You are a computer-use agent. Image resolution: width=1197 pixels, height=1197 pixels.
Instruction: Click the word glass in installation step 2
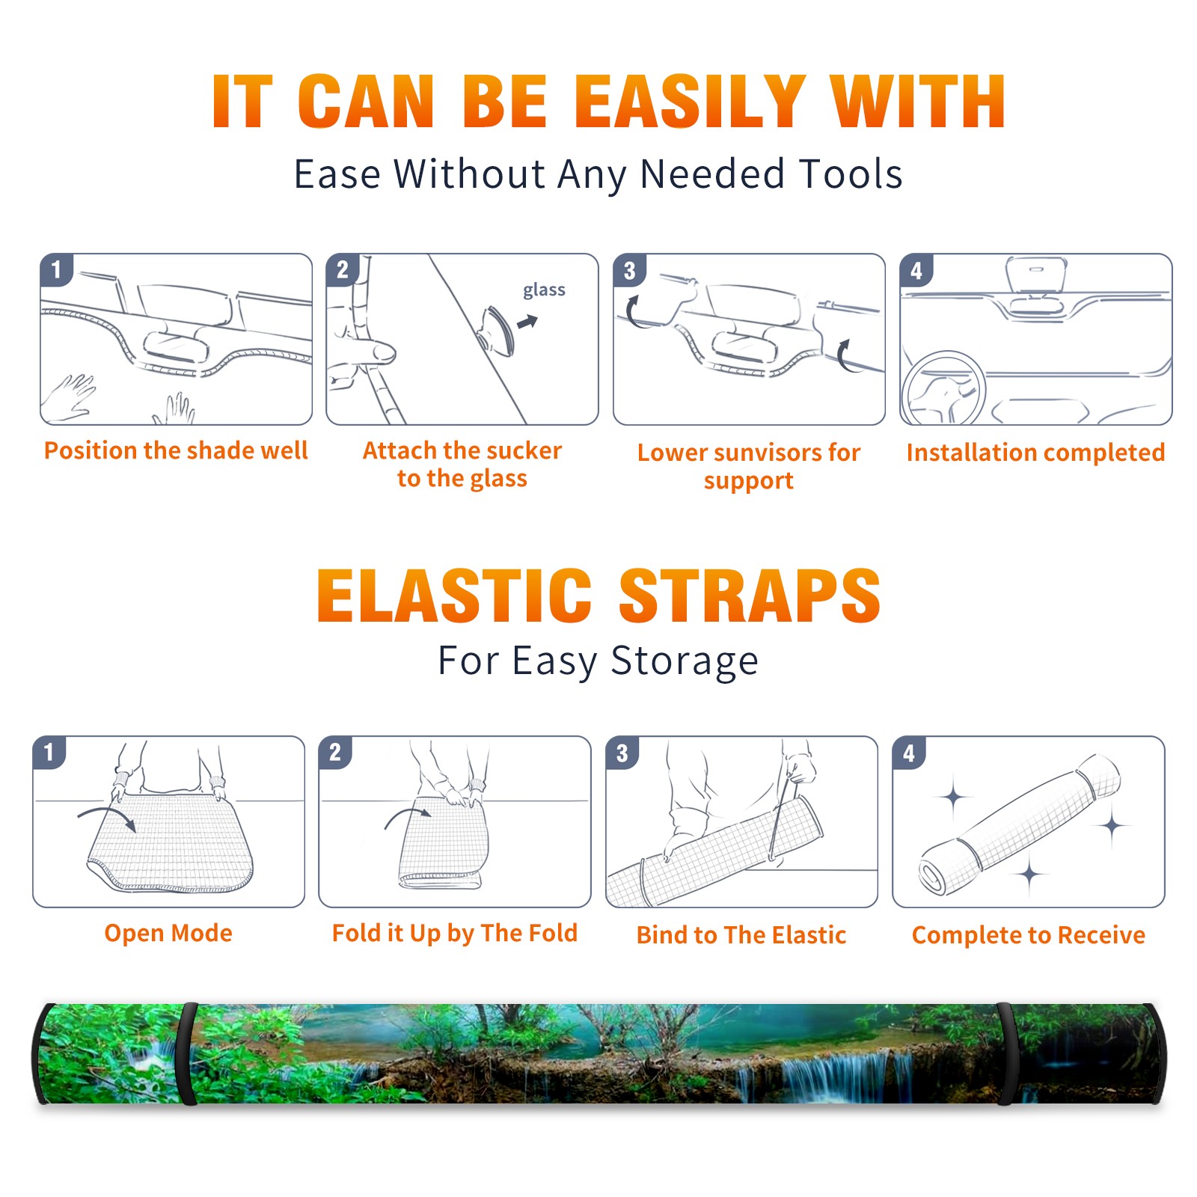click(544, 290)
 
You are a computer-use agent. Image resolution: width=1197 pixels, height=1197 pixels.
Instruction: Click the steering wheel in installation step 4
click(943, 389)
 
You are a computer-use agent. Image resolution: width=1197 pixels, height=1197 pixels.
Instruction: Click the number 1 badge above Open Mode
click(49, 752)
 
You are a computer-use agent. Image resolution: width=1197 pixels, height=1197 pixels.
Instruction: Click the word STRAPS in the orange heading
click(750, 596)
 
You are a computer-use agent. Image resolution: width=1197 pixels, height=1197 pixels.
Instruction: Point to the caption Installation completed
click(1035, 453)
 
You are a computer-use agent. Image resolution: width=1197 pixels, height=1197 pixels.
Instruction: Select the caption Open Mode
click(168, 933)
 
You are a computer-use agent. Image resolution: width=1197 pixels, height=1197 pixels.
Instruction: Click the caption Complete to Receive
click(1029, 935)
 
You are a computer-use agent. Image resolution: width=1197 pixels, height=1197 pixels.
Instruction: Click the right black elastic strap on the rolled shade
click(1006, 1053)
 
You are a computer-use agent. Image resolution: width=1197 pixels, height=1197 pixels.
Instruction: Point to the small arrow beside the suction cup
click(527, 322)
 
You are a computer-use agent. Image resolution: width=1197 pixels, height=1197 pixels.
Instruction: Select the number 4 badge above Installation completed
click(916, 270)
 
